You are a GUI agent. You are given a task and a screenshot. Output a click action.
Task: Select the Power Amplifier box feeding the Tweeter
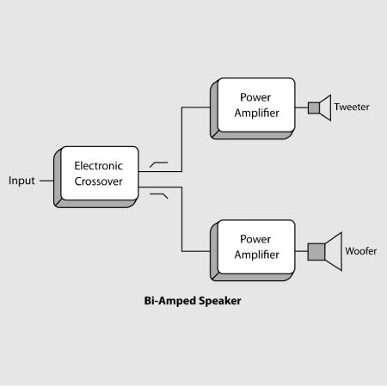pos(255,106)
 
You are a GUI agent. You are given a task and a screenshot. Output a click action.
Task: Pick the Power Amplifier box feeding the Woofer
pos(255,248)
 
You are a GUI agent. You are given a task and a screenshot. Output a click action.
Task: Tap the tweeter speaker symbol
pos(318,107)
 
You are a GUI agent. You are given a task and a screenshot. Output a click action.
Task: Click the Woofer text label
pos(360,251)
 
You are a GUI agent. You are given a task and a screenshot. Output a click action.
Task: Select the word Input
pos(21,181)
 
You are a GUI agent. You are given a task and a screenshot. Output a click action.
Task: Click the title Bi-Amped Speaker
pos(193,302)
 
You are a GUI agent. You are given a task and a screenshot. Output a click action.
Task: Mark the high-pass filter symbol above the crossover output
pos(159,163)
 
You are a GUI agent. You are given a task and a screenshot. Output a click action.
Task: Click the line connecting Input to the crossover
pos(47,181)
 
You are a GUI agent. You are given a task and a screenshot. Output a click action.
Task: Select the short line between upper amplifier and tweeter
pos(302,107)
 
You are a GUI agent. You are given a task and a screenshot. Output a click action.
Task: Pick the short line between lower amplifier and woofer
pos(302,251)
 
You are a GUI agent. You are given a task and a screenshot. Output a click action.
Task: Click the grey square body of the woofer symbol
pos(316,251)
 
